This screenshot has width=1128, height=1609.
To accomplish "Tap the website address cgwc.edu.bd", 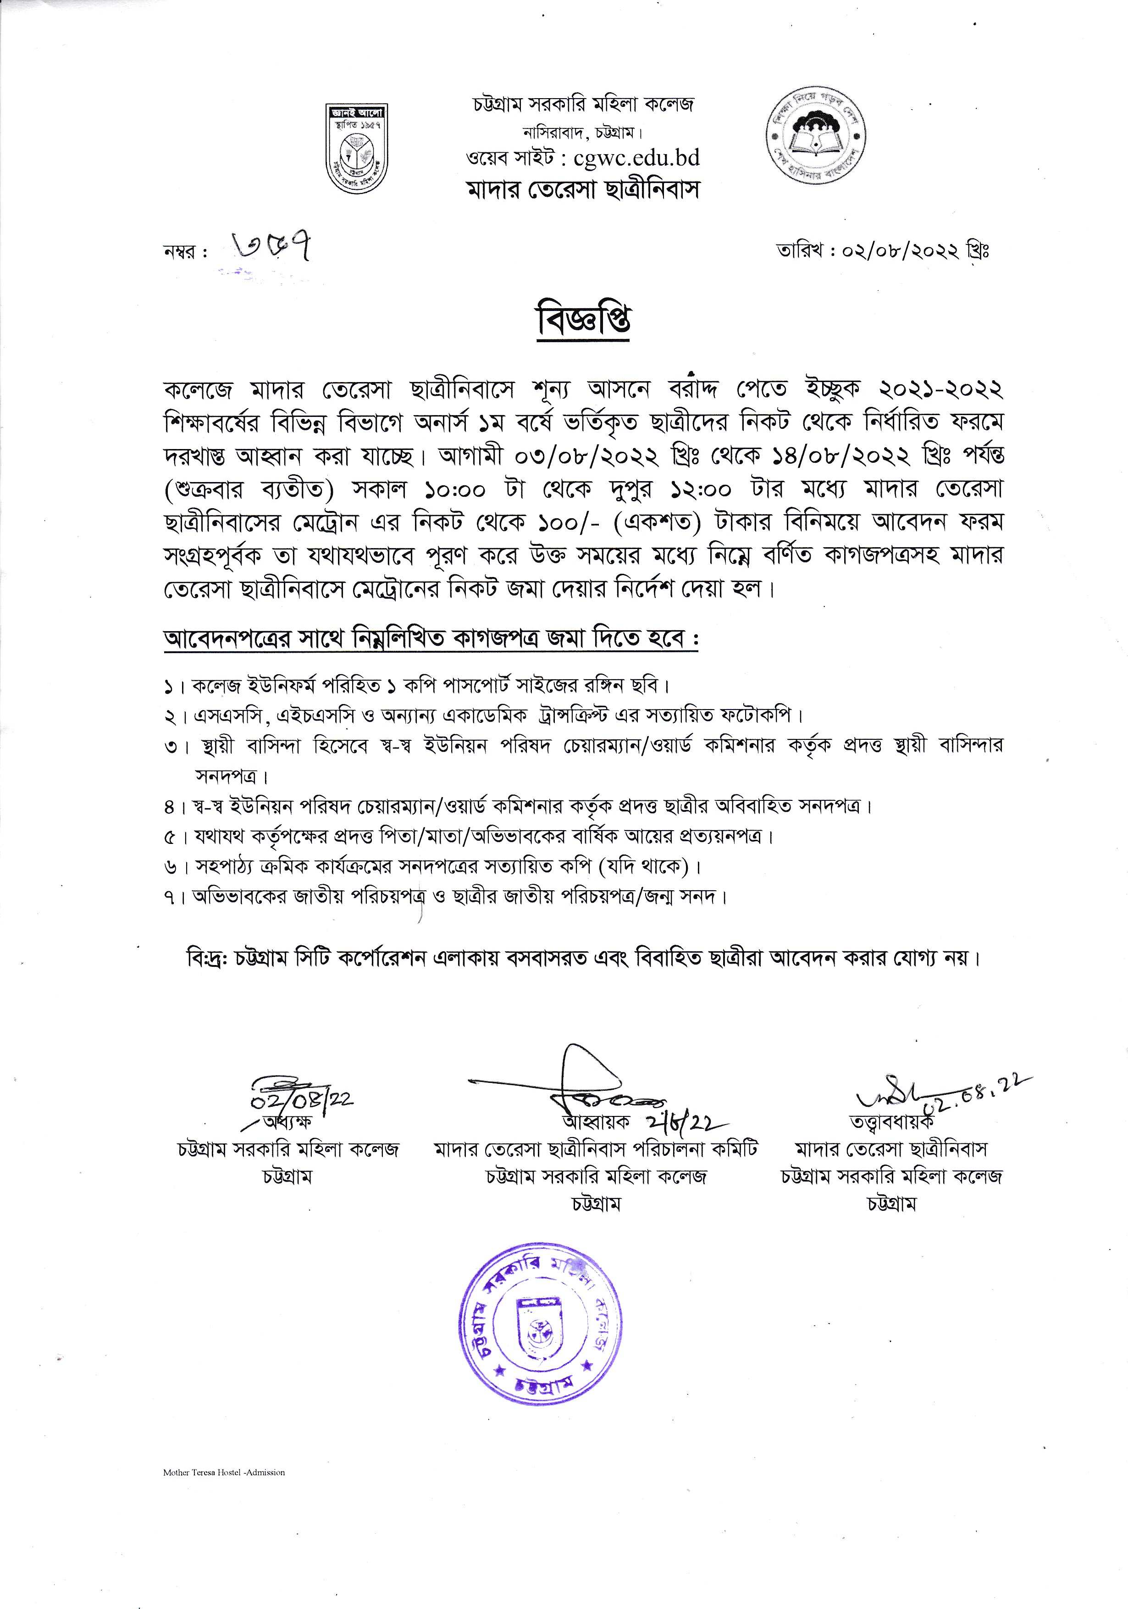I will pos(636,158).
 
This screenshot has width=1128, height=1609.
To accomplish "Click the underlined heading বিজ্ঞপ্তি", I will pos(583,321).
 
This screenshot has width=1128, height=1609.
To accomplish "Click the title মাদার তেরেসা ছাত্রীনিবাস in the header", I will pos(583,190).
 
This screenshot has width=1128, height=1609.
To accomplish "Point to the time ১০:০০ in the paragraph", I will pos(455,489).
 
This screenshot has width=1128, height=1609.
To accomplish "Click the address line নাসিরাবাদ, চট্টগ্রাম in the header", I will pos(583,133).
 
